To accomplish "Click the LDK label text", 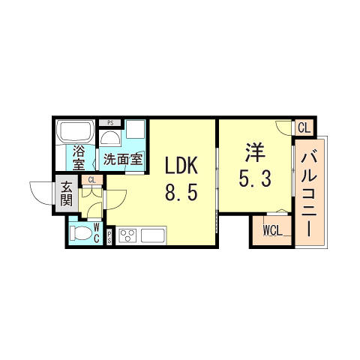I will point(181,165).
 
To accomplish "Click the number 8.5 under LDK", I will point(181,193).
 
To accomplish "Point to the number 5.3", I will point(254,179).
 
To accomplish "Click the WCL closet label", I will point(271,230).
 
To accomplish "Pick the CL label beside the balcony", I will point(303,128).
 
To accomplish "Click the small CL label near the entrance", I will point(91,181).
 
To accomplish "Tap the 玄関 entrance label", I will point(67,193).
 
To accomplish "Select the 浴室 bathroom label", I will point(79,159).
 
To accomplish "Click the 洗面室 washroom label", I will point(122,159).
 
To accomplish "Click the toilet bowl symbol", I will point(79,233).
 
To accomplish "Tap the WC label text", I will point(96,232).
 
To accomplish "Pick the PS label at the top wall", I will point(110,123).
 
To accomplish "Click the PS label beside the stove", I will point(109,237).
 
